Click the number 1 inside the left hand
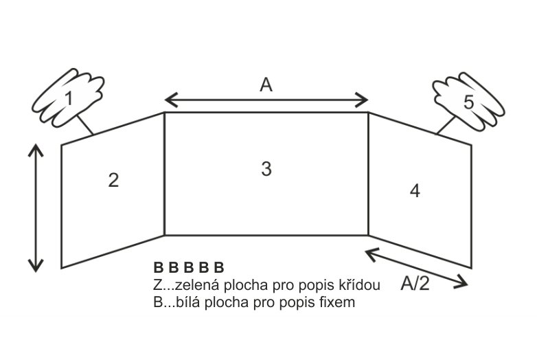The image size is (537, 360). [69, 99]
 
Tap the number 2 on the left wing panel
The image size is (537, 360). [113, 180]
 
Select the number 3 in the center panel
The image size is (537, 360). [266, 169]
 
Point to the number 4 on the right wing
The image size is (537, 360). [415, 191]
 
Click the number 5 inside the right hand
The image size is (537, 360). [468, 102]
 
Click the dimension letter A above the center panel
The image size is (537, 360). [266, 85]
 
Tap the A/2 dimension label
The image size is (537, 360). [415, 283]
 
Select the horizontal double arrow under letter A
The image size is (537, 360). [266, 100]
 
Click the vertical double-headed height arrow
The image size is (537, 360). [36, 208]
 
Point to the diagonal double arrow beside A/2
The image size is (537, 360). [416, 268]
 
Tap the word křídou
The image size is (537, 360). [360, 284]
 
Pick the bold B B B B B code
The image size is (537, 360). [189, 267]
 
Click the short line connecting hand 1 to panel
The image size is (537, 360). [84, 124]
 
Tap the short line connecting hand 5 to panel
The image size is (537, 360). [446, 125]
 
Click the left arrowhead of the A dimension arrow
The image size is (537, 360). [170, 100]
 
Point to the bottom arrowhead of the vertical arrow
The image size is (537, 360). [36, 265]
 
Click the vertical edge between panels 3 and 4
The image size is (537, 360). [368, 174]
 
